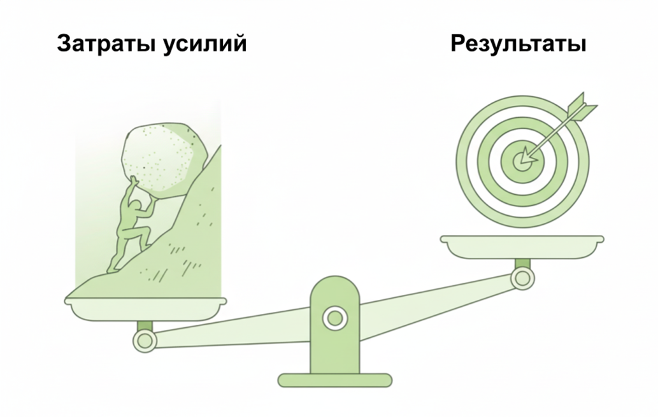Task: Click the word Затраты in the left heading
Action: pos(101,45)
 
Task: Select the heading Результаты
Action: pos(518,45)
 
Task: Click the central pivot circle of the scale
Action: pos(333,317)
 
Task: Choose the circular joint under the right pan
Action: pos(522,278)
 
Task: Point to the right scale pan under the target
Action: pos(522,245)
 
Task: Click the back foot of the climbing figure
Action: pos(112,268)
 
